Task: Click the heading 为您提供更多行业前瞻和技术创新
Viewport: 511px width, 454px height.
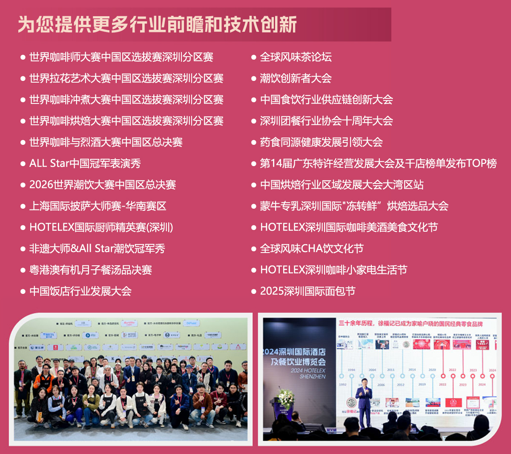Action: click(157, 24)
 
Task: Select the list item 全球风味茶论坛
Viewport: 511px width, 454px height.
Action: click(296, 57)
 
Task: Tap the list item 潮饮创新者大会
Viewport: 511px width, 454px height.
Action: click(296, 78)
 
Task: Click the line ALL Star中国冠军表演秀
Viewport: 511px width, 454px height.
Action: click(85, 164)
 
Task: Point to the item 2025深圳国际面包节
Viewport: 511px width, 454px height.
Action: click(307, 291)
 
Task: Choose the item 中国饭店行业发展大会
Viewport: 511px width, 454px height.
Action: click(80, 291)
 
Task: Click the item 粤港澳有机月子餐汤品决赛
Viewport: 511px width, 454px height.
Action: click(90, 270)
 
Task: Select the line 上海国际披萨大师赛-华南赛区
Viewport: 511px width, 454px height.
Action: click(98, 206)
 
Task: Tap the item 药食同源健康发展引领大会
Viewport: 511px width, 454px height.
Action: click(321, 142)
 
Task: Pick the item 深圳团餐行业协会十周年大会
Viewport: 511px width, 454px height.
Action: click(326, 121)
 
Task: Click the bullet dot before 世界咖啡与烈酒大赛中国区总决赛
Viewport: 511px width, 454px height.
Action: click(23, 143)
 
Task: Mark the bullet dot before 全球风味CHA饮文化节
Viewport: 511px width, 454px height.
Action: click(254, 249)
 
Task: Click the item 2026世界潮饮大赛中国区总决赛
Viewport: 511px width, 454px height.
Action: click(102, 185)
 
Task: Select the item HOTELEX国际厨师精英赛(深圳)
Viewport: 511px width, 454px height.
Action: click(101, 227)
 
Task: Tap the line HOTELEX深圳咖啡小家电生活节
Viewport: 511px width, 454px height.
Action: click(333, 270)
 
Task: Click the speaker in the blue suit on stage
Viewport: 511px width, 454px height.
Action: click(364, 405)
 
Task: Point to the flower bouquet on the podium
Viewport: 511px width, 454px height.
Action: click(286, 399)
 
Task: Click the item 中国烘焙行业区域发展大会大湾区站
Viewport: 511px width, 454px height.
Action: click(342, 185)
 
